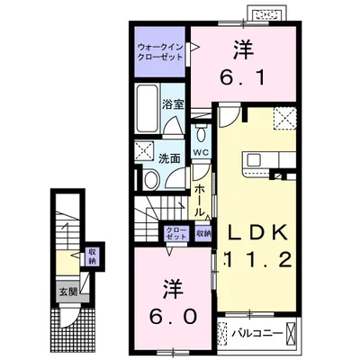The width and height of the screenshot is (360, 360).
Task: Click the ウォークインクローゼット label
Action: click(x=159, y=50)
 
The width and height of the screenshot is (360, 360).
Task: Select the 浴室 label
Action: click(x=173, y=103)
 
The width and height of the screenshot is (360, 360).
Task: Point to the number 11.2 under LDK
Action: click(x=256, y=261)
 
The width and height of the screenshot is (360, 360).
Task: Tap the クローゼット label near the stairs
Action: click(x=176, y=234)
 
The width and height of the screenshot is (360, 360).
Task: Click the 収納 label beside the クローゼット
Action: click(x=203, y=234)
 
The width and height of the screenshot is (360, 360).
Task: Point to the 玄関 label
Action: click(x=68, y=291)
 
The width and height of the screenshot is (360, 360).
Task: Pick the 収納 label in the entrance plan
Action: click(x=92, y=256)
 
